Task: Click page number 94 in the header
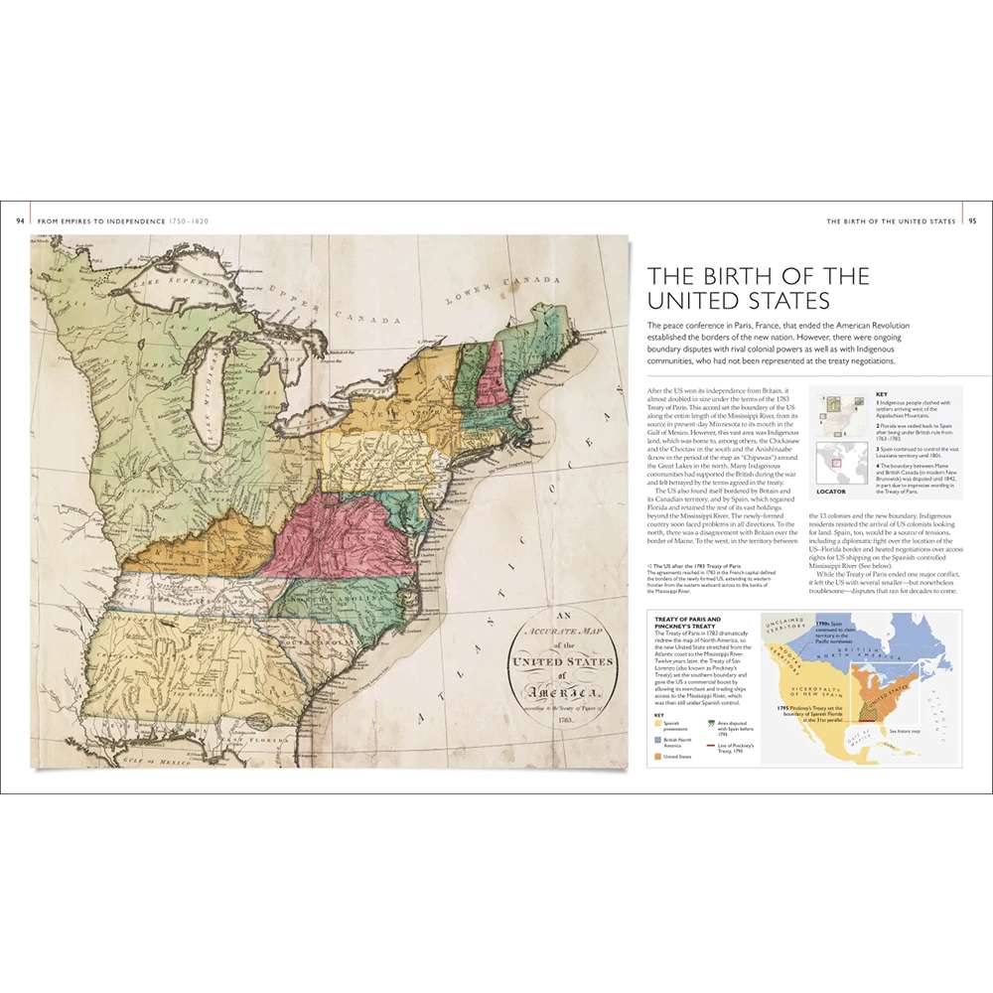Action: (x=21, y=220)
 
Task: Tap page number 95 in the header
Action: (x=972, y=220)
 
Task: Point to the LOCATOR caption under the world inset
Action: (x=830, y=491)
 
